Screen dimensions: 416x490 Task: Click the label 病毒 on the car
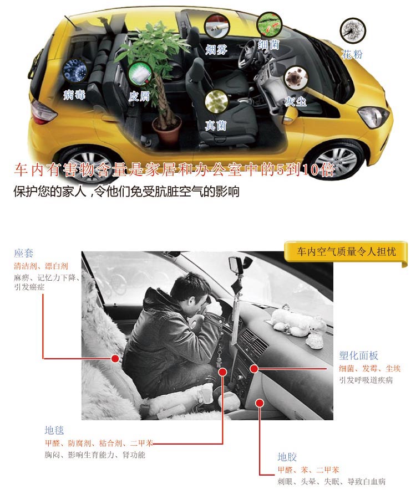(x=74, y=94)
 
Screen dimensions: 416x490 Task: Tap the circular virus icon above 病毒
(x=75, y=71)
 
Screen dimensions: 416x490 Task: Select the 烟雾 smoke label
(x=216, y=49)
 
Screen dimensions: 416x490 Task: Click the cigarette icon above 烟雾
(x=217, y=27)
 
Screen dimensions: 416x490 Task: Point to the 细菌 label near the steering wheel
(x=268, y=45)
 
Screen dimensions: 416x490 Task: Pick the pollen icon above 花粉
(x=353, y=30)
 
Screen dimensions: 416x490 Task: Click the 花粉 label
(x=352, y=54)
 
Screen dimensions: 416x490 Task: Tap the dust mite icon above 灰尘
(x=296, y=78)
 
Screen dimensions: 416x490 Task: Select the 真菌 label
(x=216, y=125)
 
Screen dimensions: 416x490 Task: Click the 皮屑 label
(x=139, y=96)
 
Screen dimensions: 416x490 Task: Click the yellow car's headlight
(x=373, y=116)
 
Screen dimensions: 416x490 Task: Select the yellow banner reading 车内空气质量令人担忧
(x=346, y=252)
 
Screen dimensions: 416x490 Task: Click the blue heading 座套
(x=23, y=253)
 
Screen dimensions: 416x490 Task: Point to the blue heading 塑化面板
(x=358, y=355)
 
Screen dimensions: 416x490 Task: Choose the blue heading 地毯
(x=54, y=430)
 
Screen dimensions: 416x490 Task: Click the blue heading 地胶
(x=287, y=457)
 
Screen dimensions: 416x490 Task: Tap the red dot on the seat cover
(x=115, y=358)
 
